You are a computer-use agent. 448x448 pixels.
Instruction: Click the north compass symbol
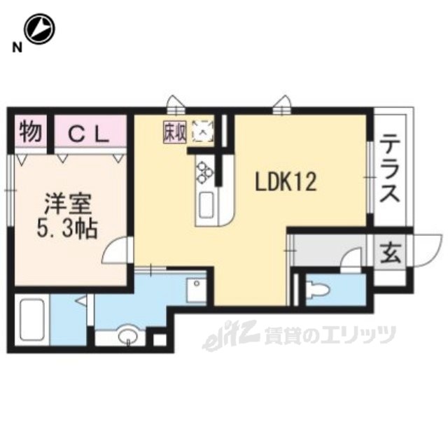39,29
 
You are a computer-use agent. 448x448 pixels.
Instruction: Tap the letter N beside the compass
17,48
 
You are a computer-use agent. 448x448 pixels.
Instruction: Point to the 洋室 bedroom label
67,204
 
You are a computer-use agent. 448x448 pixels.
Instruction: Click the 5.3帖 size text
67,229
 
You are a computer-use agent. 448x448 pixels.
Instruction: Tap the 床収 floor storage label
175,132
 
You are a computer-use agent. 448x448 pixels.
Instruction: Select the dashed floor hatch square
203,131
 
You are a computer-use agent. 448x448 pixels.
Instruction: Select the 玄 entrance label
390,253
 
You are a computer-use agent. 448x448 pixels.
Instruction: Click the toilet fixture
317,289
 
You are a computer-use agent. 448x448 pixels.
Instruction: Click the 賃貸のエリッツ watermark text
330,335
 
